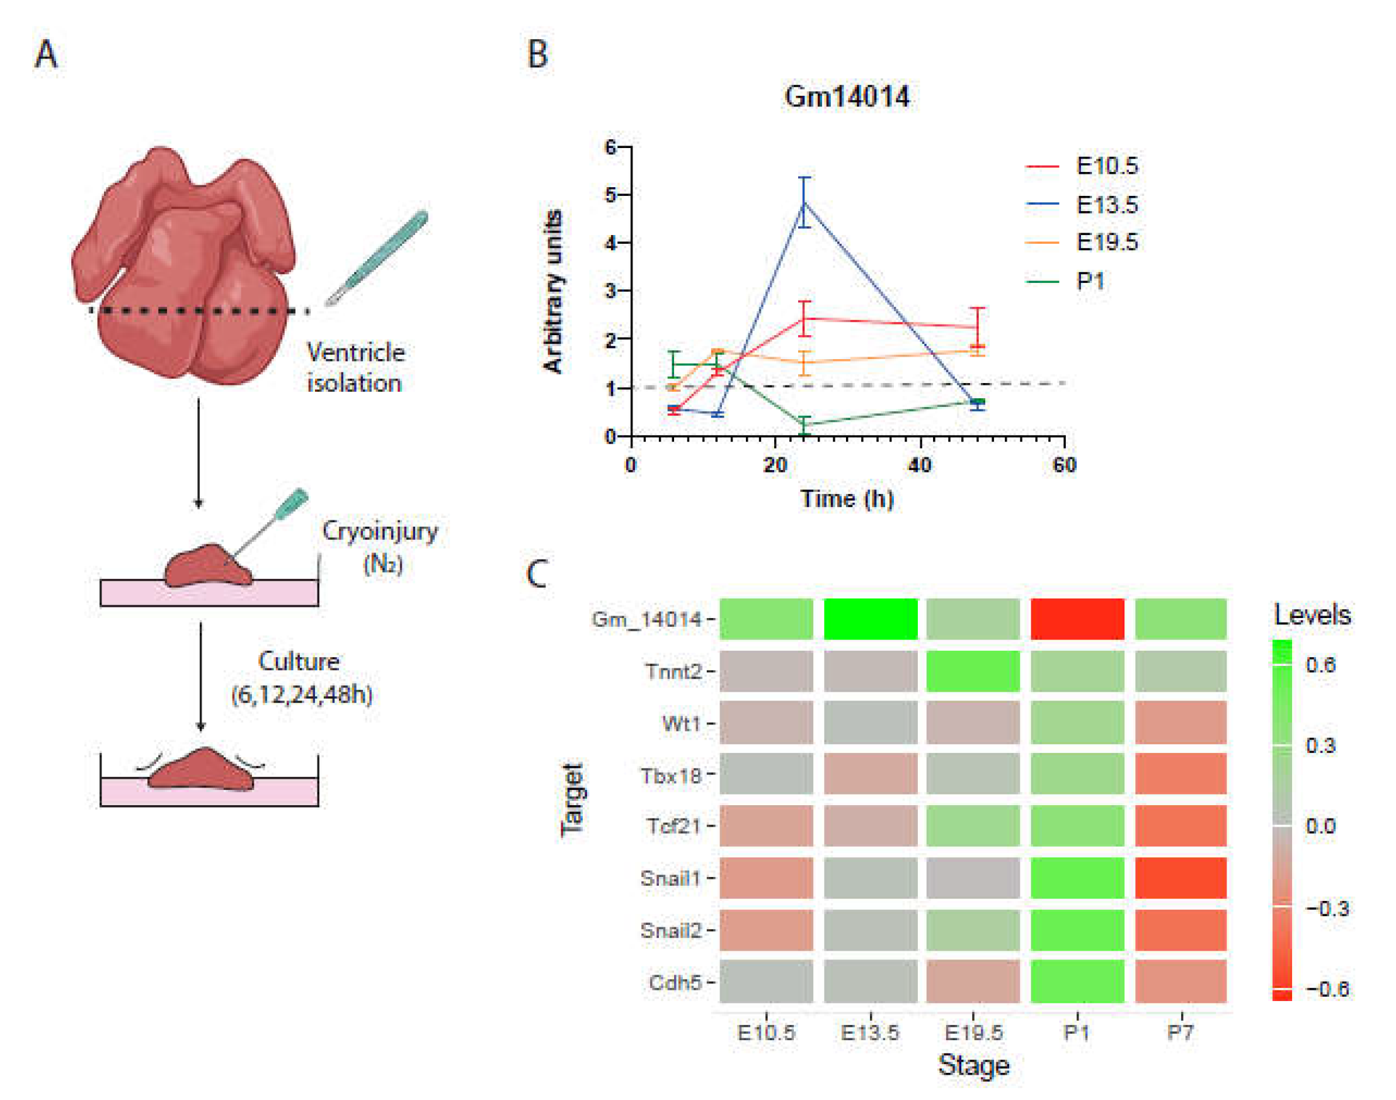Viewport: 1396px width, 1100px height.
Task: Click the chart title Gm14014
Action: [846, 96]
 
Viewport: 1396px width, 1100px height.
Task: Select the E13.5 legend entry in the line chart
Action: [1106, 205]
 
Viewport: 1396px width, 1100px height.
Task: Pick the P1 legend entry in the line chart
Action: [1089, 281]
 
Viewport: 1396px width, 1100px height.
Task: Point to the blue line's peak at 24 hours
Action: [804, 203]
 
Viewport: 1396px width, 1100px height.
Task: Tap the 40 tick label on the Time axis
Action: [920, 464]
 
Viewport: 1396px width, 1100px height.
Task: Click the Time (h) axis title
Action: [846, 499]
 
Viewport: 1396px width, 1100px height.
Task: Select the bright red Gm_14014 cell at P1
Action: [1077, 619]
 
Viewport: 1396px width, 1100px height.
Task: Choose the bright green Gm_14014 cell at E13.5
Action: [870, 619]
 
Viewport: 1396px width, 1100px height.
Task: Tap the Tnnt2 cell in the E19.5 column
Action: [973, 671]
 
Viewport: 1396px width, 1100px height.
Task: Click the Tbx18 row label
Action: [670, 776]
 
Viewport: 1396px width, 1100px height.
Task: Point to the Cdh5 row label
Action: [674, 982]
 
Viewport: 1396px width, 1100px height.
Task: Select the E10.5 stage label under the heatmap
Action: [765, 1033]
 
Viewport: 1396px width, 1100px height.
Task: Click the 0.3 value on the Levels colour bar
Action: [1320, 745]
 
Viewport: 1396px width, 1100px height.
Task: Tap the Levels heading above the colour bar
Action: [1312, 615]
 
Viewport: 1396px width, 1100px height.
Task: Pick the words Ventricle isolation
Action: [355, 367]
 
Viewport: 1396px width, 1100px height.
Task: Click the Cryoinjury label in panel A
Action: [380, 531]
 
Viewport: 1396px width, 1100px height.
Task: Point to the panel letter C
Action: [536, 573]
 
